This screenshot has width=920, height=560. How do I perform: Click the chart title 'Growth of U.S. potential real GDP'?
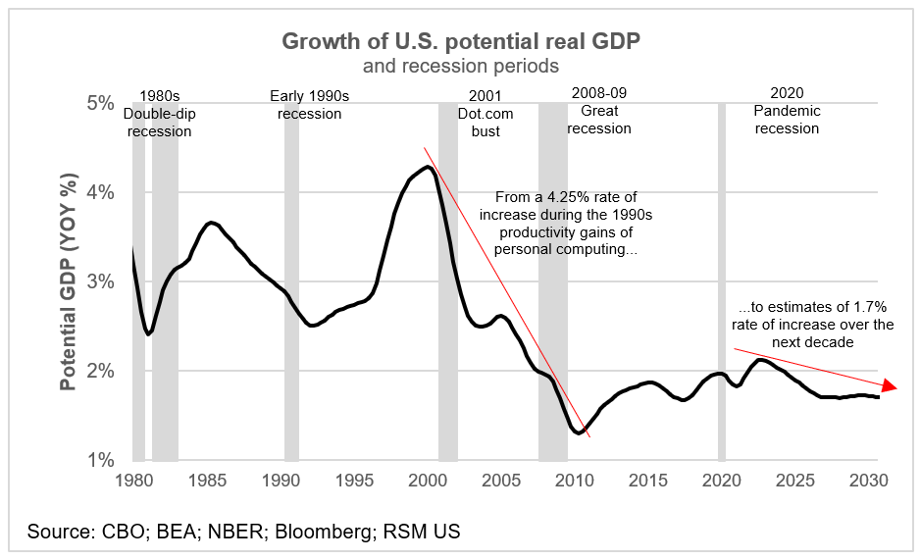pos(460,41)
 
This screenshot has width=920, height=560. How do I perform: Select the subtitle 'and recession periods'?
pos(460,67)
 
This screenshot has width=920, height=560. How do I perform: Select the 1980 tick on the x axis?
pos(133,481)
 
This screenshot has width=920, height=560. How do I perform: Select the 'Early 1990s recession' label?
pos(309,104)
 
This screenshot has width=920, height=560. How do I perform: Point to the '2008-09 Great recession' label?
pos(599,110)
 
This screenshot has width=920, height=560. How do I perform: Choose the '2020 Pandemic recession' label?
pos(787,110)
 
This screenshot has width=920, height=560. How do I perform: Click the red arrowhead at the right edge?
pos(890,385)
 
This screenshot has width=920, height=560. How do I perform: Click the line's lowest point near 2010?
pos(579,433)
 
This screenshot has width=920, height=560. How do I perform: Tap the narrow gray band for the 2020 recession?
pos(722,294)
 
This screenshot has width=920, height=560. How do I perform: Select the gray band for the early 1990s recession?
pos(291,294)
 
